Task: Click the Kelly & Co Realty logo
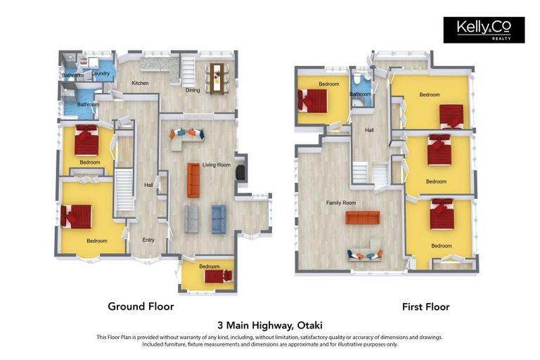tap(484, 30)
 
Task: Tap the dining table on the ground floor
tap(217, 78)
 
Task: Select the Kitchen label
tap(140, 83)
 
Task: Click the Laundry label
tap(101, 73)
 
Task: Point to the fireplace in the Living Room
tap(240, 172)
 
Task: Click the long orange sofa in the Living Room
tap(193, 180)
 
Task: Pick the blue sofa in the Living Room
tap(219, 219)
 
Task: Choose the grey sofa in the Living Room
tap(191, 219)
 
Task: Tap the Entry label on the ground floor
tap(148, 240)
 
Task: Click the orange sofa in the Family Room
tap(363, 218)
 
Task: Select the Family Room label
tap(341, 203)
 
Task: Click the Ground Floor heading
tap(141, 306)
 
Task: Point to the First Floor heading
tap(426, 307)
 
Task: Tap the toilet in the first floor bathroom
tap(357, 78)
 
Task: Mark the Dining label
tap(193, 90)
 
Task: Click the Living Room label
tap(217, 165)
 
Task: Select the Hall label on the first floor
tap(370, 130)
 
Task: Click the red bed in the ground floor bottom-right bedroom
tap(219, 276)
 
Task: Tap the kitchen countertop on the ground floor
tap(161, 67)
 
